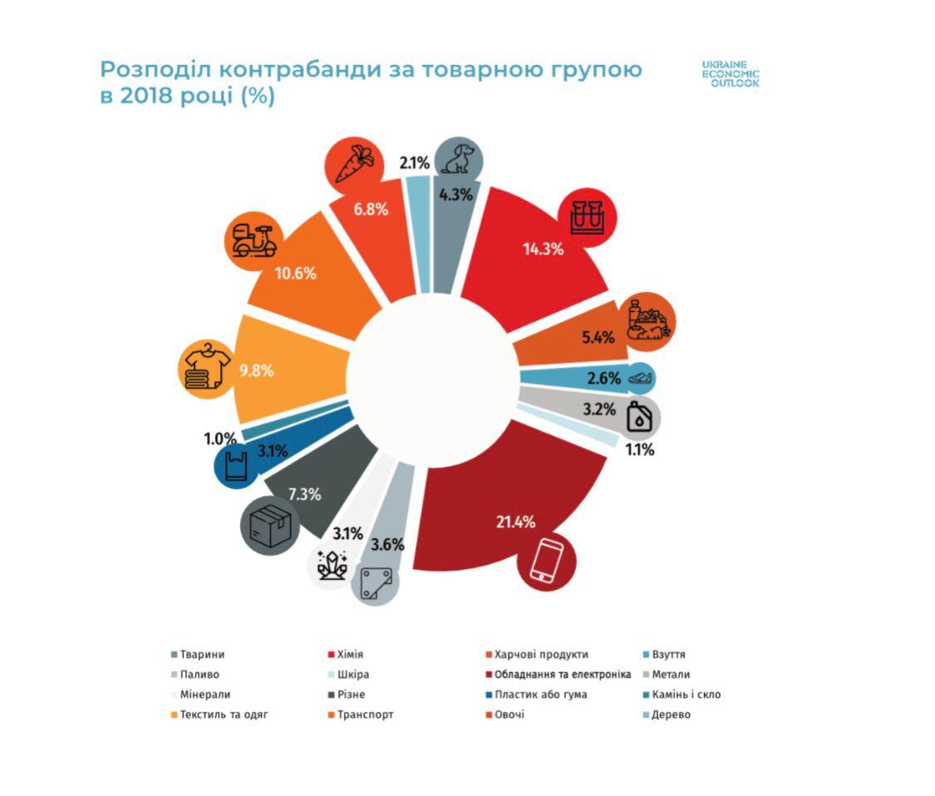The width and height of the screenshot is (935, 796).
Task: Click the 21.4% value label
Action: pyautogui.click(x=517, y=522)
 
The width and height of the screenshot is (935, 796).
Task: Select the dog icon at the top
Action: pyautogui.click(x=460, y=160)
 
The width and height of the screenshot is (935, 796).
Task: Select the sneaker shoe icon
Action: pyautogui.click(x=640, y=378)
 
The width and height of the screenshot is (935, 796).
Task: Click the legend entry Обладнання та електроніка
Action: pyautogui.click(x=557, y=675)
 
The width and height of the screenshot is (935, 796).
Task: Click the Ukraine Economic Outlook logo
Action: pyautogui.click(x=730, y=73)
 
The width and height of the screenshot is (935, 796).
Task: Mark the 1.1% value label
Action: pyautogui.click(x=639, y=451)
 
